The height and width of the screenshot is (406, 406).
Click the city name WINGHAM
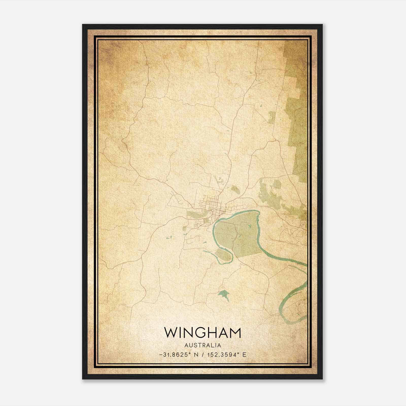[202, 333]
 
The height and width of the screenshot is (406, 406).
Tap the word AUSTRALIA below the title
[203, 345]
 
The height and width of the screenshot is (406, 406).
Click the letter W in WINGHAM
[171, 333]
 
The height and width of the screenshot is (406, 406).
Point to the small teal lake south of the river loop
[223, 295]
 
